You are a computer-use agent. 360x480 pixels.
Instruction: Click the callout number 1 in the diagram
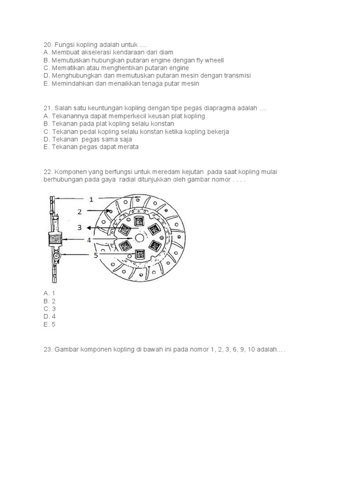click(91, 199)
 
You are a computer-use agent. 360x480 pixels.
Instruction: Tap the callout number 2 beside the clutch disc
click(80, 212)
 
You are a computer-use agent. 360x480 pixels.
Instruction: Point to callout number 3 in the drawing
click(80, 227)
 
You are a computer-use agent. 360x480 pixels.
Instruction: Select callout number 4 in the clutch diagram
click(89, 240)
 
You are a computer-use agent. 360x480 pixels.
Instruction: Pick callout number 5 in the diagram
click(96, 255)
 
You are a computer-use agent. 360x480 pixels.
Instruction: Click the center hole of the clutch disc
click(139, 238)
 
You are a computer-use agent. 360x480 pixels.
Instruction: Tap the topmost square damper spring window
click(139, 220)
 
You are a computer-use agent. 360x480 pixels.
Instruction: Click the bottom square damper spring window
click(139, 255)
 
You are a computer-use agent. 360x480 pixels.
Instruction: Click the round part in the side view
click(56, 256)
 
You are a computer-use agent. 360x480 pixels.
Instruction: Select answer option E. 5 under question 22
click(49, 324)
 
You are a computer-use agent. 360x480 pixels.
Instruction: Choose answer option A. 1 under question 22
click(49, 293)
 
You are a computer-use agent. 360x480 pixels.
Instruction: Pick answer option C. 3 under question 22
click(49, 309)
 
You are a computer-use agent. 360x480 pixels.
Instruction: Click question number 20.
click(47, 45)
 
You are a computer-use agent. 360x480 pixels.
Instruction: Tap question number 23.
click(47, 349)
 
